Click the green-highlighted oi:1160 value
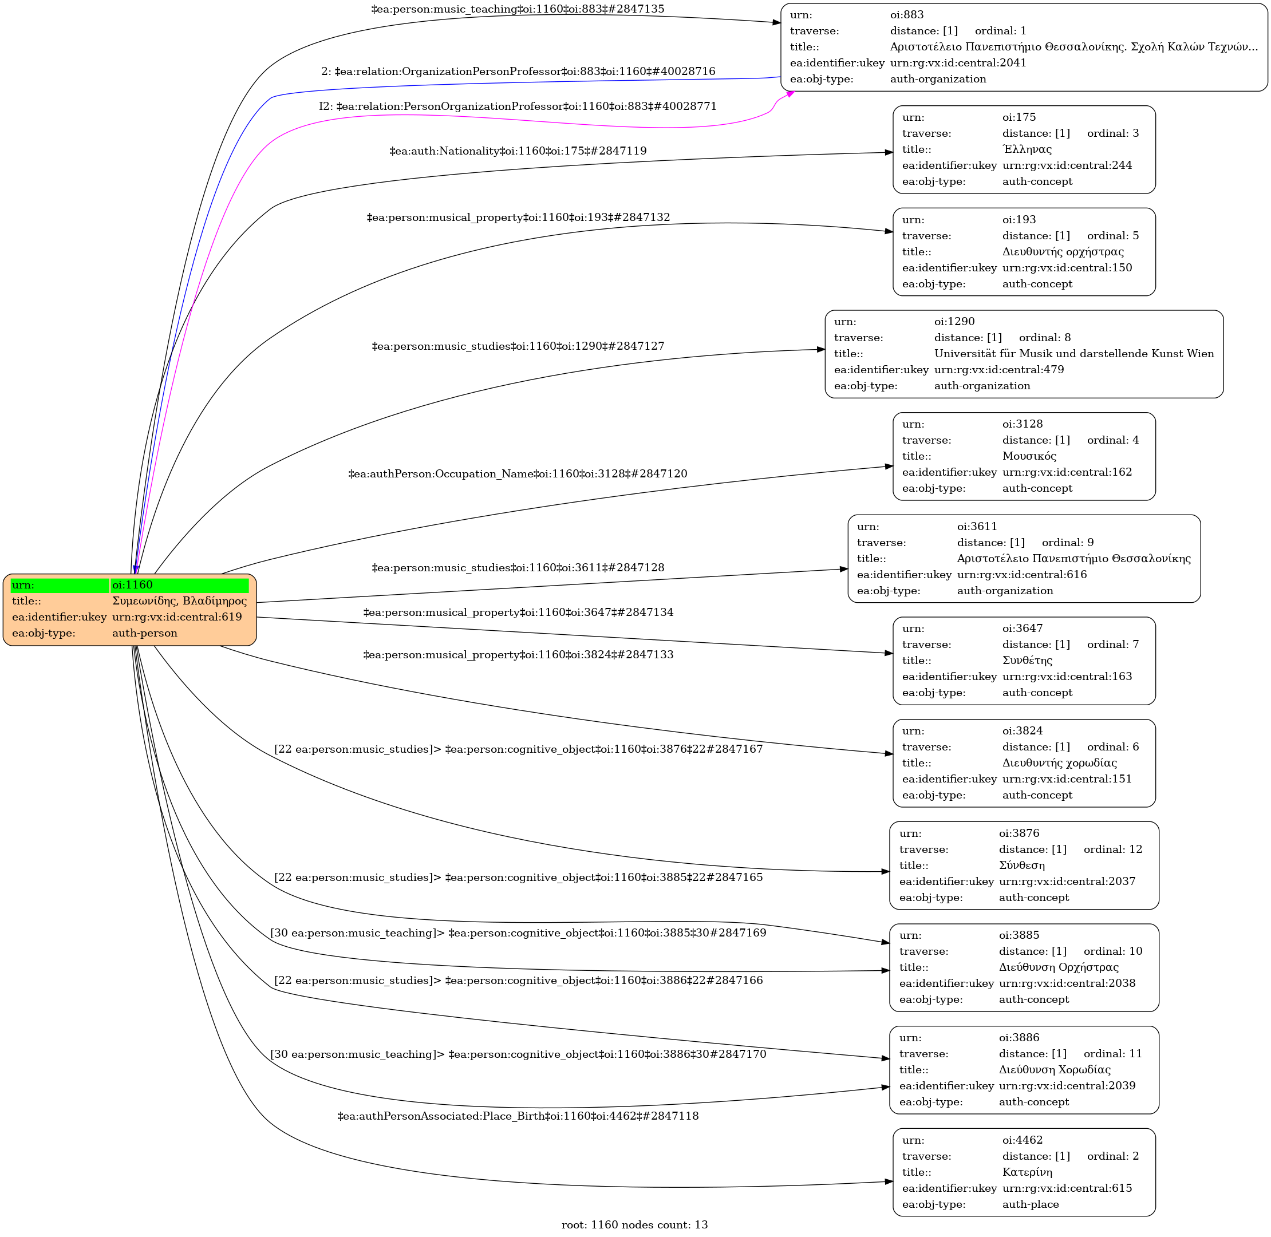(x=133, y=584)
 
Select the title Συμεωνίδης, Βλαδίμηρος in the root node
(x=179, y=601)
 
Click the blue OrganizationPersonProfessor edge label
(x=518, y=72)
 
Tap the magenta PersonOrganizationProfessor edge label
(x=518, y=106)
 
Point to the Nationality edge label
(x=518, y=151)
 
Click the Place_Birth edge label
(x=518, y=1116)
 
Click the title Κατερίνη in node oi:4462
(x=1027, y=1172)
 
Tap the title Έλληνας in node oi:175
(x=1027, y=149)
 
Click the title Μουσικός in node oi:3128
(x=1029, y=456)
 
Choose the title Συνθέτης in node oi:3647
(x=1027, y=661)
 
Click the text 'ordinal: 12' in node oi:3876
(x=1112, y=849)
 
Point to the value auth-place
(x=1031, y=1204)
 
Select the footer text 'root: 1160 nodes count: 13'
(x=634, y=1224)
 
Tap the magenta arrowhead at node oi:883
(x=790, y=94)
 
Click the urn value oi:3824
(x=1022, y=731)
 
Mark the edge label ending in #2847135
(x=518, y=10)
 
